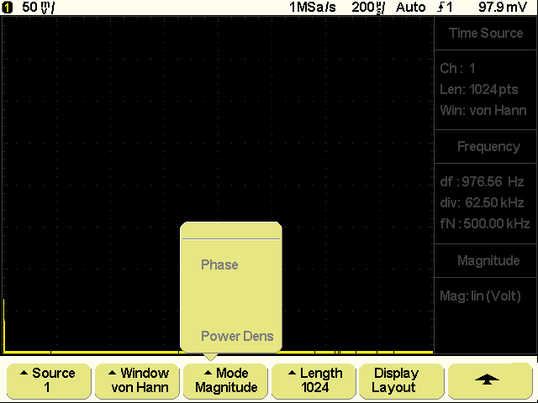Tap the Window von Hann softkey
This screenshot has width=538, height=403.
137,380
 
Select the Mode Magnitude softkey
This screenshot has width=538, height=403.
225,380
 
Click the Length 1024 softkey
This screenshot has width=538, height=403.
314,380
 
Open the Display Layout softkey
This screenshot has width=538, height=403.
402,380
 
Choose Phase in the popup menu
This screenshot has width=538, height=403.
219,264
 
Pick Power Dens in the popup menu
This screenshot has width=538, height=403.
237,336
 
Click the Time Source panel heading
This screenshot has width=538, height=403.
486,33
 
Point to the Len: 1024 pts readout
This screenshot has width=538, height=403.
479,90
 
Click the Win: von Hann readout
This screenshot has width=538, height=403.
483,110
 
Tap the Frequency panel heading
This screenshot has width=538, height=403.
488,146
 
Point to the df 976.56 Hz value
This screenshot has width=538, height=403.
482,181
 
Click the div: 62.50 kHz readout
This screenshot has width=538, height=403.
482,202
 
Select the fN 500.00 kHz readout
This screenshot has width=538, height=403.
485,223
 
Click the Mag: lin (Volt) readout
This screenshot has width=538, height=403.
480,296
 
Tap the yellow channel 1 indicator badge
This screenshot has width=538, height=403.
7,8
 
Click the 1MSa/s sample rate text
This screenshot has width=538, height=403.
312,8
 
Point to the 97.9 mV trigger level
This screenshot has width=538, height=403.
503,8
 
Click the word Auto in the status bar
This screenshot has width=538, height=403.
411,8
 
